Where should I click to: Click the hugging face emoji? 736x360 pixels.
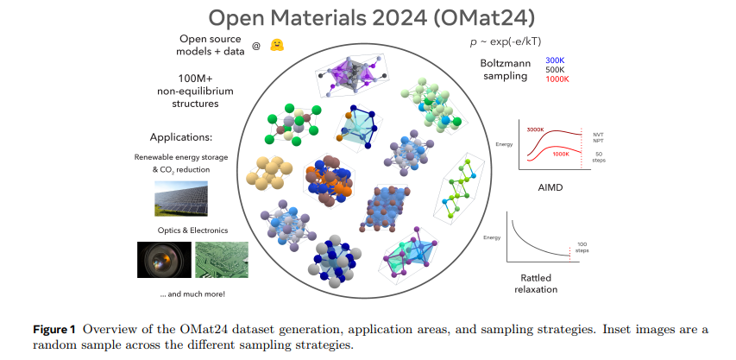point(277,45)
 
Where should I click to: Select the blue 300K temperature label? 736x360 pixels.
point(555,60)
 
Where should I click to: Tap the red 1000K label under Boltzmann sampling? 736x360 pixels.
point(557,79)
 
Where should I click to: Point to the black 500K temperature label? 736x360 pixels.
point(556,69)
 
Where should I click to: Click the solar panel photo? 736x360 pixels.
point(181,199)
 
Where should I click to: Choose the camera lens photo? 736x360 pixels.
point(164,260)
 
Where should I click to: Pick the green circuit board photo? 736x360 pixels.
point(222,260)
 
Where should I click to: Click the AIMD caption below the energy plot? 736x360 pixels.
point(550,187)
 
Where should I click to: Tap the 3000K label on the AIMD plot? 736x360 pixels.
point(535,129)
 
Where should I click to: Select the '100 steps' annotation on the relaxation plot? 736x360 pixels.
point(582,248)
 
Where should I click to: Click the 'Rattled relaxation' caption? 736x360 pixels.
point(536,283)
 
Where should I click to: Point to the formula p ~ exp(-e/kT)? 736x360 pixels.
point(506,41)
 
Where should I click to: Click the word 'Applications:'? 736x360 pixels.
point(181,137)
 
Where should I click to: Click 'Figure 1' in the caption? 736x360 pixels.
point(53,330)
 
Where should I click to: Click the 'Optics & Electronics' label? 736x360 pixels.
point(192,231)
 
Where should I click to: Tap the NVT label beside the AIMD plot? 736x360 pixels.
point(599,134)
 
